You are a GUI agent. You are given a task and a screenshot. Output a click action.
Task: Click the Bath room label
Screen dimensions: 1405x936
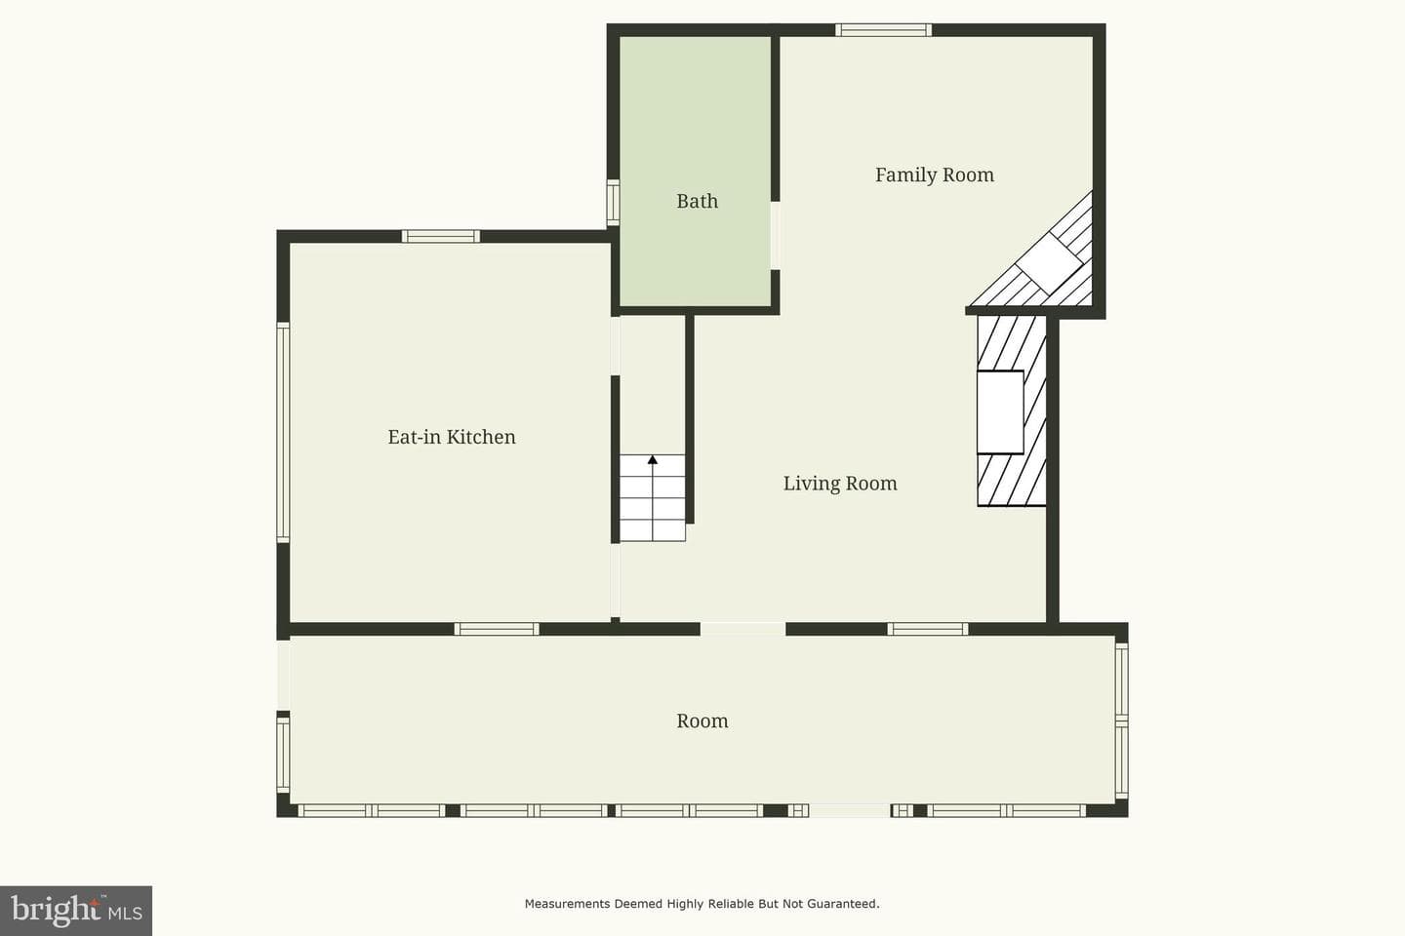697,201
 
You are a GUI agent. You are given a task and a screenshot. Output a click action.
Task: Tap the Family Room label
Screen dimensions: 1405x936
935,175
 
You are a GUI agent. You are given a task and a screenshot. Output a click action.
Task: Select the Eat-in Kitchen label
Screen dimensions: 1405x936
452,437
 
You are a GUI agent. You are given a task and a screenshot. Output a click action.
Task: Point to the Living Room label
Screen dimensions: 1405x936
840,484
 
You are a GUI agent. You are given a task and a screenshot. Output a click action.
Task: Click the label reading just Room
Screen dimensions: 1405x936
702,721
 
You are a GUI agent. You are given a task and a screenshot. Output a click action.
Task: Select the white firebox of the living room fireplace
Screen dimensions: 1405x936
1000,411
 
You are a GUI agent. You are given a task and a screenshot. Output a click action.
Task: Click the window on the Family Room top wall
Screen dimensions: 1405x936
883,30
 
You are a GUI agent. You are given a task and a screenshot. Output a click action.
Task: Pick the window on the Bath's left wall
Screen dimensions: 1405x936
613,203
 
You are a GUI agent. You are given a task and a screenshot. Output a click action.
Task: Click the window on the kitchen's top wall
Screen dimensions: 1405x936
441,236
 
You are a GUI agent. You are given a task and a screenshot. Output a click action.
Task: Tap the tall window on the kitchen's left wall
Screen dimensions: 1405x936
283,433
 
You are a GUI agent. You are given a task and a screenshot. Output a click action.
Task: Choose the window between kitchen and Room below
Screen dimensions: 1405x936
496,629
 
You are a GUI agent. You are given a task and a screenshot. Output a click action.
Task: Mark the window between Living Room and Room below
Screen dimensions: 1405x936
928,629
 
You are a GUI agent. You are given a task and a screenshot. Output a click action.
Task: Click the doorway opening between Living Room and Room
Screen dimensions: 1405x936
743,629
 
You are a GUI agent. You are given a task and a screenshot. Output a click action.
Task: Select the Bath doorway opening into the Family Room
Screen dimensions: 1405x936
776,236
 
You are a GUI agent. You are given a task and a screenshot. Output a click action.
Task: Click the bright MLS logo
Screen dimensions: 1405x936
76,911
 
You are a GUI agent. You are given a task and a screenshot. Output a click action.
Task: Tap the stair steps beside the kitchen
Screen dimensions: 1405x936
653,498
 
